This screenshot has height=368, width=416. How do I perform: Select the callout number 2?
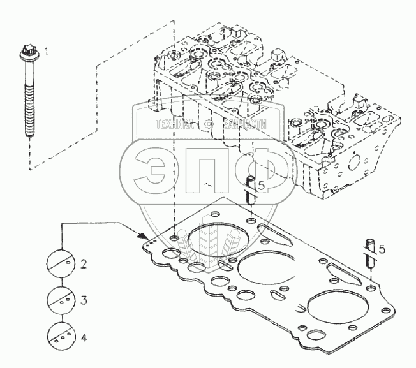coord(83,263)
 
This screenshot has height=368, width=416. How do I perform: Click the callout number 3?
coord(83,299)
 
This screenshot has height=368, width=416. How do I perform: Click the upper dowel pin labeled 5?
coord(252,190)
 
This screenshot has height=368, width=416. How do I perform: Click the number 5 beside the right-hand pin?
coord(382,249)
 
